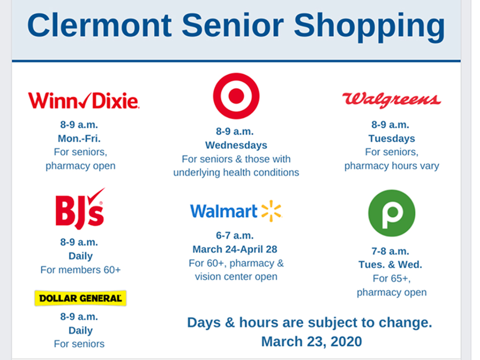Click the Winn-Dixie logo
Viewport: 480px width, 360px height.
83,100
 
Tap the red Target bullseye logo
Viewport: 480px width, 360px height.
236,96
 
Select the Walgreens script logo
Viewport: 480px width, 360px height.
391,100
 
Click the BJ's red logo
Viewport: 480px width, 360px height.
80,209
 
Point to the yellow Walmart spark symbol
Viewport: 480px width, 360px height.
271,211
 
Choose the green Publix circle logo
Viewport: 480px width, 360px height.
391,213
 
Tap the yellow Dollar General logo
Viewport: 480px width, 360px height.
81,298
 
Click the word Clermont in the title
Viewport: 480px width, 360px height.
99,26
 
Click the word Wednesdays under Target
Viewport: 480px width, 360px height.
236,145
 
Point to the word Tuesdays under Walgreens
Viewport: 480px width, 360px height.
391,139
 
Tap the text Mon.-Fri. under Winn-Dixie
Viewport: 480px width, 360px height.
79,138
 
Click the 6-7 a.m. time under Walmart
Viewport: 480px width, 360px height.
235,235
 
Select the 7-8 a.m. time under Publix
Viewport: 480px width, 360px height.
390,251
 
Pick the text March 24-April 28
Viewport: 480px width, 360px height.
235,249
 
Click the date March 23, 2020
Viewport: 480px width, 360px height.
311,341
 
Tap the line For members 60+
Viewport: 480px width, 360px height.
81,270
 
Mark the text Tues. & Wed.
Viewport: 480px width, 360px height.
390,264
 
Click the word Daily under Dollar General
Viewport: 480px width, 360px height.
81,330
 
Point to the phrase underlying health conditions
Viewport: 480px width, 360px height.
236,172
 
